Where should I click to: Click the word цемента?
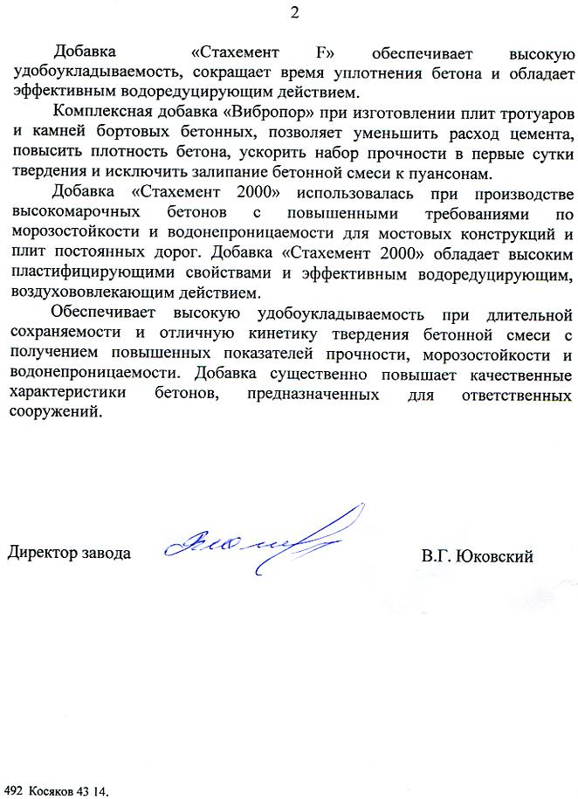[x=540, y=134]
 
